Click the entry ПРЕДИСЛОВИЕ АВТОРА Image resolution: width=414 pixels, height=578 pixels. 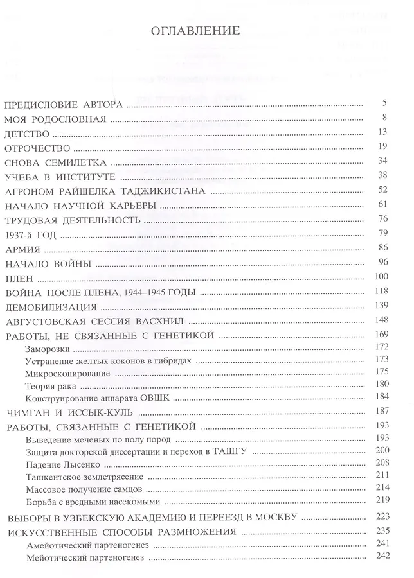coord(63,104)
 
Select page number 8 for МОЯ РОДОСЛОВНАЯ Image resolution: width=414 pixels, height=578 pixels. coord(384,118)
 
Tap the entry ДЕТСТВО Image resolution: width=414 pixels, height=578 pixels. coord(26,133)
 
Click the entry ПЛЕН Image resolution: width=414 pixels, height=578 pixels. coord(17,278)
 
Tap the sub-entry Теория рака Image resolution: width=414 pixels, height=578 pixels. coord(51,386)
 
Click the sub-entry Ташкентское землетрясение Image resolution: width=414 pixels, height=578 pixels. coord(84,477)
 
